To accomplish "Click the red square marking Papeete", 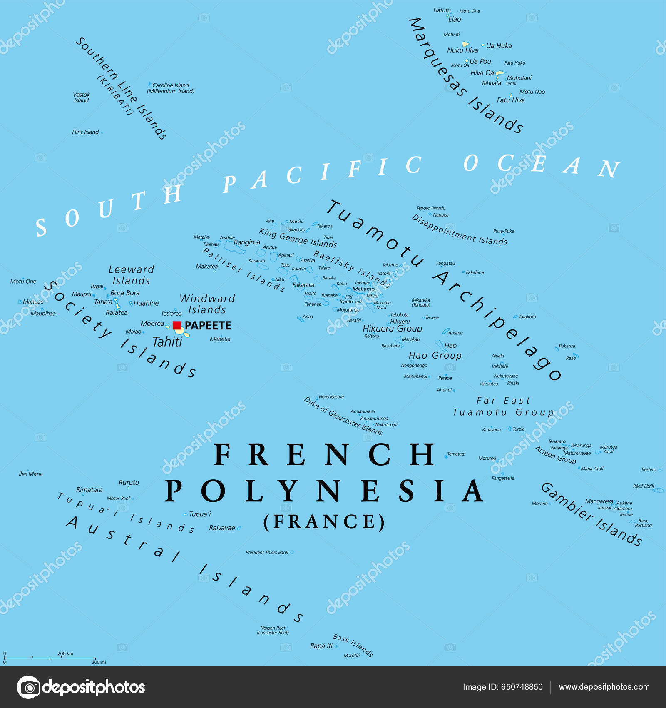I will coord(177,325).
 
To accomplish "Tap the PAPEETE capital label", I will coord(208,326).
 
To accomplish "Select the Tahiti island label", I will coord(167,342).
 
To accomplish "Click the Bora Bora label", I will coord(125,293).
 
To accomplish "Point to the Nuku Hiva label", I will coord(462,50).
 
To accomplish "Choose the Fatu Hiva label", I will coord(511,100).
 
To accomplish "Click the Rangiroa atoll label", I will coord(247,242).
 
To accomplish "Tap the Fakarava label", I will coord(303,285).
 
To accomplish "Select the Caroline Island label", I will coord(171,85).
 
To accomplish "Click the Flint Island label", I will coord(85,132).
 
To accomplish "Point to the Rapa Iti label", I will coord(321,646).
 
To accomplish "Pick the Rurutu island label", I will coord(129,483).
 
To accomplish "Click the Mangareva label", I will coord(599,501).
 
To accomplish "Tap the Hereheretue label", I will coord(331,397).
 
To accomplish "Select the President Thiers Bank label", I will coord(267,553).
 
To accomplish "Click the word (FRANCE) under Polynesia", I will coord(324,522).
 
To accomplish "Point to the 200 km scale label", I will coord(65,653).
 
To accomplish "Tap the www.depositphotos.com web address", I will coord(604,687).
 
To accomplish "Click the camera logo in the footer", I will coord(28,687).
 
